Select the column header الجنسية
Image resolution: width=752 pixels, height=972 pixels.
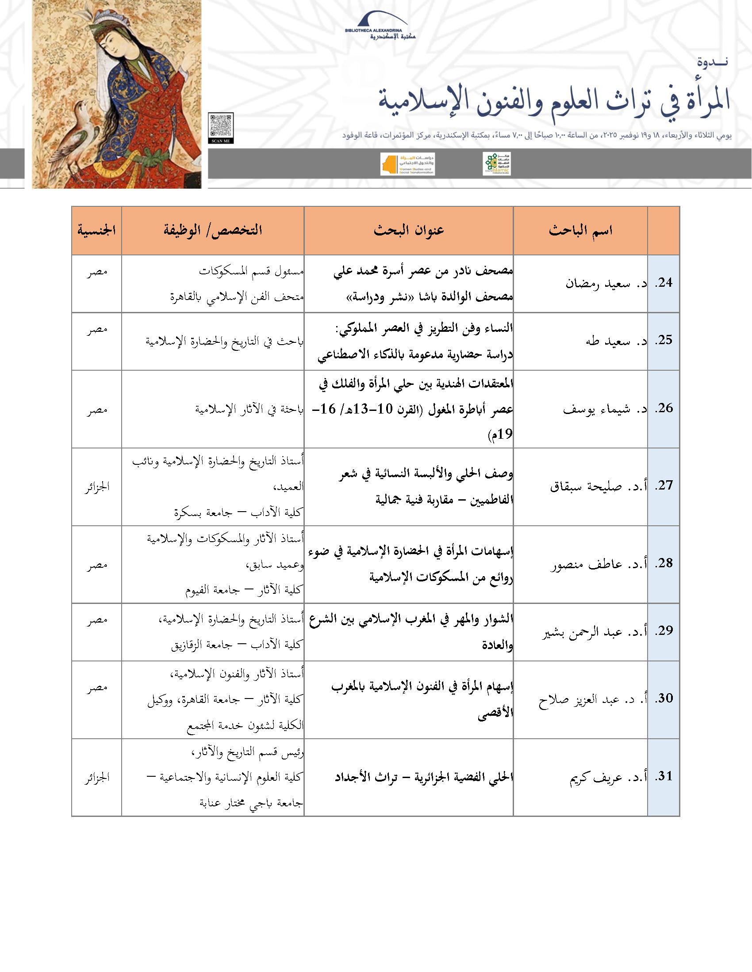tap(97, 230)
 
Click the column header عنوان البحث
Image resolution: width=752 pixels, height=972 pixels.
tap(409, 230)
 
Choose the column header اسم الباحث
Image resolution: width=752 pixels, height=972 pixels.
tap(580, 230)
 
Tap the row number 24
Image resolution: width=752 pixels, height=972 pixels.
tap(664, 283)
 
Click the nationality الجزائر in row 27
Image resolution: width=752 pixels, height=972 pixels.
tap(97, 487)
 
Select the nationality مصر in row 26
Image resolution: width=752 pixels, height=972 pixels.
tap(97, 410)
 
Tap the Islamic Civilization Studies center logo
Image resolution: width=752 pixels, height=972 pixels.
tap(496, 164)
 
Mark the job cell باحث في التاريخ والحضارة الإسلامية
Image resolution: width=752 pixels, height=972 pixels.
tap(225, 342)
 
